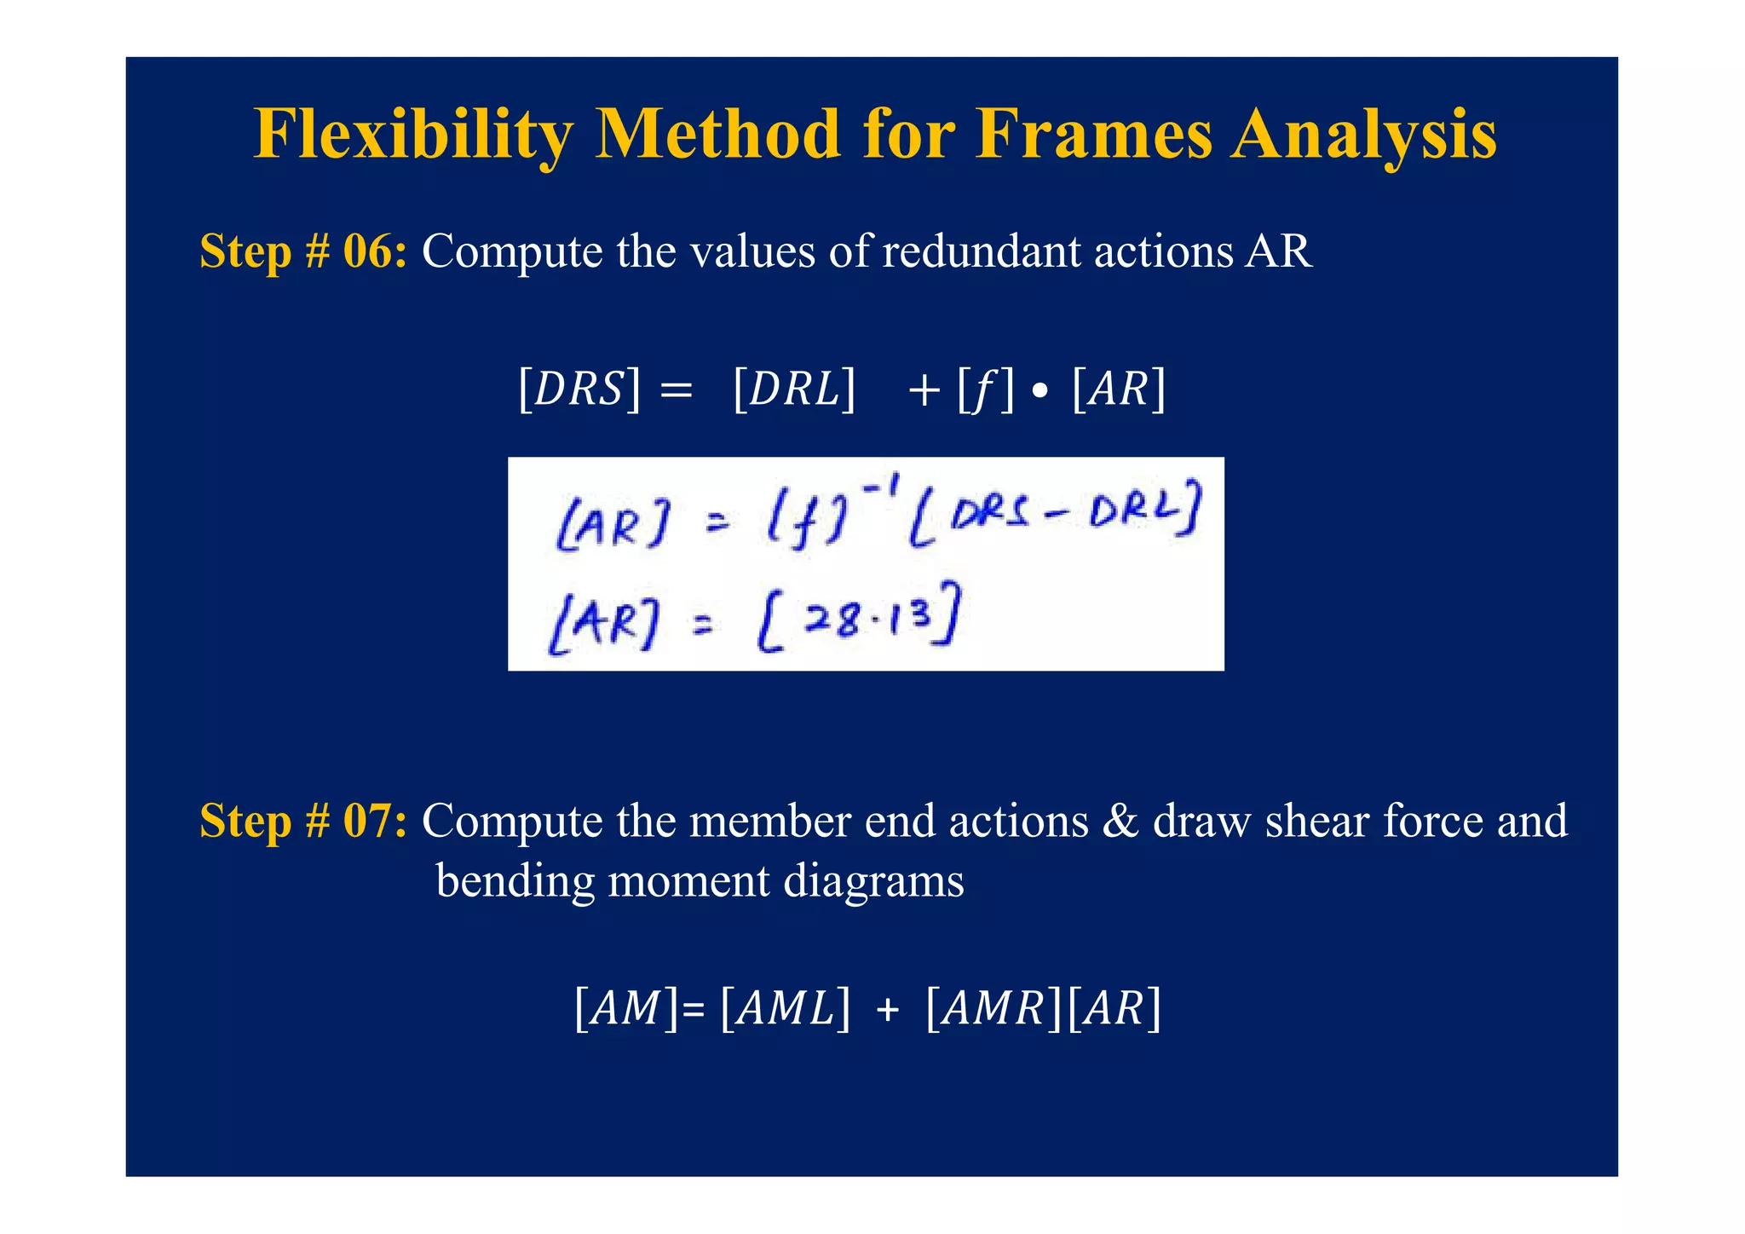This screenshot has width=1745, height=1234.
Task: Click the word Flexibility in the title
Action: coord(414,135)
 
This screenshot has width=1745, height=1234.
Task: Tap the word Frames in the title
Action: coord(1094,135)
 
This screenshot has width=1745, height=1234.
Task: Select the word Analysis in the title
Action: coord(1363,135)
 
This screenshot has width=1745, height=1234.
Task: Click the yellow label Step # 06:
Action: coord(302,251)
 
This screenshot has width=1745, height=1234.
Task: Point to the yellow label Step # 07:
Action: coord(302,821)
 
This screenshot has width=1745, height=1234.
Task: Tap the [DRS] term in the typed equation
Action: coord(579,389)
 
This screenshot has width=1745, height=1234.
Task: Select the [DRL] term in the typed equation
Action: coord(793,389)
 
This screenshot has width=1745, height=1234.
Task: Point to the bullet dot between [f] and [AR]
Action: coord(1040,393)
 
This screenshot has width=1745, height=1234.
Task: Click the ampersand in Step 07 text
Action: coord(1120,822)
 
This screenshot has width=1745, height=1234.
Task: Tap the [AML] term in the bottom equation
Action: coord(785,1009)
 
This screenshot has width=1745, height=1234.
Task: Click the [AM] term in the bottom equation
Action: coord(626,1009)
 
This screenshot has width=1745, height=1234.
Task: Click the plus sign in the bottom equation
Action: coord(887,1011)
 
